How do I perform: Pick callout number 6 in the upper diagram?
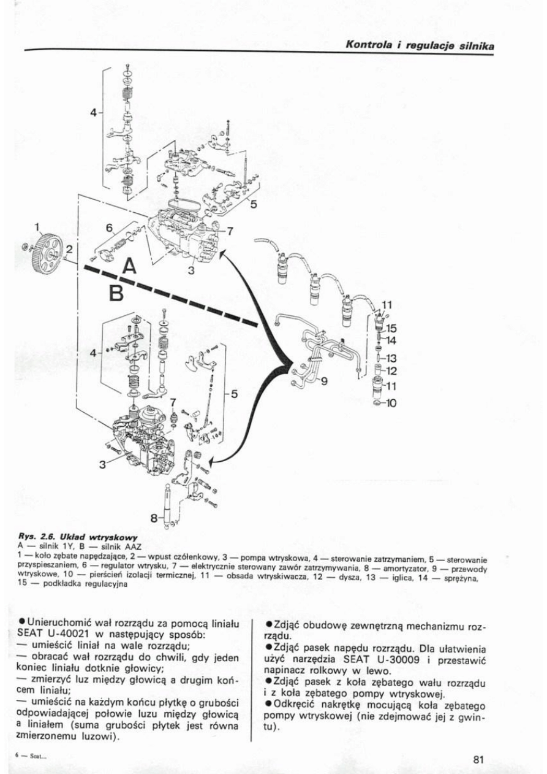tap(110, 228)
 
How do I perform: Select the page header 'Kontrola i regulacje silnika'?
tap(420, 45)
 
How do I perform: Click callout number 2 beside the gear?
tap(69, 249)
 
